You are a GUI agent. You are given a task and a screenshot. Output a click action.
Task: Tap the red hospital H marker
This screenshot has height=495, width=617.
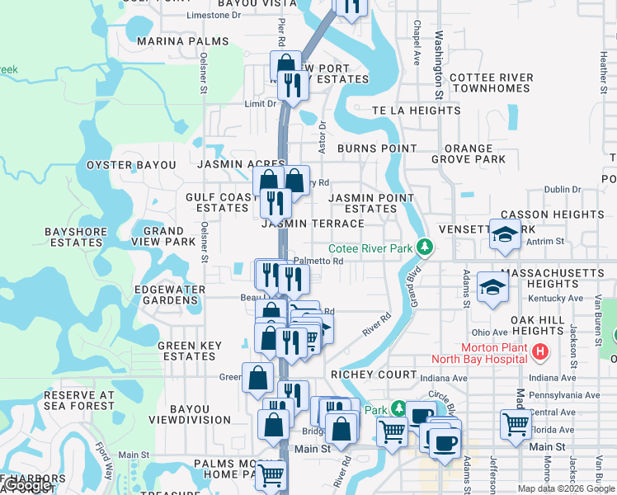tap(540, 352)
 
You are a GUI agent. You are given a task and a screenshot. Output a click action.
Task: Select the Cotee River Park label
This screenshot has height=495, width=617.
tap(370, 248)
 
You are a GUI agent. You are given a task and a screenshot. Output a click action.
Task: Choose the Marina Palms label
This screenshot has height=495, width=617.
tap(183, 41)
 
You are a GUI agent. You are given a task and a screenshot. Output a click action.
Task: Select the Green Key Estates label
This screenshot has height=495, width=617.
tap(186, 351)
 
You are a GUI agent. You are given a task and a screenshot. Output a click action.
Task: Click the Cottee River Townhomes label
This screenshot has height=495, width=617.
tap(492, 82)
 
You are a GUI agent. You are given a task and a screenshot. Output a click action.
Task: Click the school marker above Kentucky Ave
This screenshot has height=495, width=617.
tap(492, 286)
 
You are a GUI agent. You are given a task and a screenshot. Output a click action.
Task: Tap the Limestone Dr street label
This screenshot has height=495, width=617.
tap(214, 15)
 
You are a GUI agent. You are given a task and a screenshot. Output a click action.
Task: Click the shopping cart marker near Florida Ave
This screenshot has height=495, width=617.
tap(516, 424)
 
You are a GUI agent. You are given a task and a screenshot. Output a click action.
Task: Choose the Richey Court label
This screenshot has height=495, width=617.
tap(364, 374)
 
